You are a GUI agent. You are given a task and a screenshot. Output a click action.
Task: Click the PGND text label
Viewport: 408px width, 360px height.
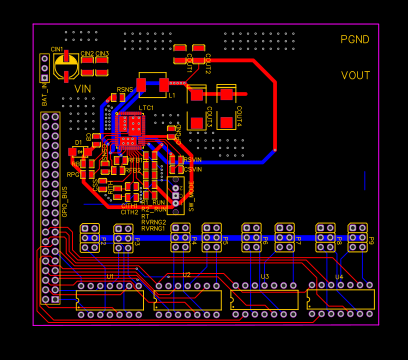[x=354, y=39]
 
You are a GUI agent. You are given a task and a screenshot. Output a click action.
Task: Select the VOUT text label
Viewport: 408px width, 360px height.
[x=355, y=75]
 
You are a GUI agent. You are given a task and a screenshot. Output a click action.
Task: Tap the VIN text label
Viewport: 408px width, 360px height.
[x=83, y=88]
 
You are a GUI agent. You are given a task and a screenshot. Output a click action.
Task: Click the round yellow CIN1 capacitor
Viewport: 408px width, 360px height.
[x=66, y=66]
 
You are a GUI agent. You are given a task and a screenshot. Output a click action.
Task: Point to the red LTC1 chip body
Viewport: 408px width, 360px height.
[x=131, y=124]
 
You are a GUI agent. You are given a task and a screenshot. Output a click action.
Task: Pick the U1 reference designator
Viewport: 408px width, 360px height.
[x=110, y=275]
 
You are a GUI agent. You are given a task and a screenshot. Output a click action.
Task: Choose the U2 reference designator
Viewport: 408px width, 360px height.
[x=186, y=275]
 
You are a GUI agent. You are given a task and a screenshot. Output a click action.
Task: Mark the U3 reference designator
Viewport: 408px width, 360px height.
[x=264, y=276]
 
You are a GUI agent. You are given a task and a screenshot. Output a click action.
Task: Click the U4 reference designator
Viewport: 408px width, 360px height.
[x=338, y=276]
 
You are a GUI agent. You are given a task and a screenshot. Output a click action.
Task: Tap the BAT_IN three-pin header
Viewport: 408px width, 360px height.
[x=44, y=67]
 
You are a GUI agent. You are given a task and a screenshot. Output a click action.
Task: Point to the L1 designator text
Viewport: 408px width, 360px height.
[x=171, y=95]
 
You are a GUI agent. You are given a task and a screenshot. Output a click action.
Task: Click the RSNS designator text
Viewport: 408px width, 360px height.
[x=124, y=90]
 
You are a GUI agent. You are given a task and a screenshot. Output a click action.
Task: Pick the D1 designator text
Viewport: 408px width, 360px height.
[x=77, y=143]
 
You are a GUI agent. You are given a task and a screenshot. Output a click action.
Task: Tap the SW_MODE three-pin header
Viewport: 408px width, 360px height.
[x=175, y=189]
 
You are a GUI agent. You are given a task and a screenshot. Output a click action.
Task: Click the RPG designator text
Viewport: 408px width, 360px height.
[x=72, y=174]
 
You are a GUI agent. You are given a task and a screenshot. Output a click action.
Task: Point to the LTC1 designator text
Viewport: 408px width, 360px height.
[x=146, y=107]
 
